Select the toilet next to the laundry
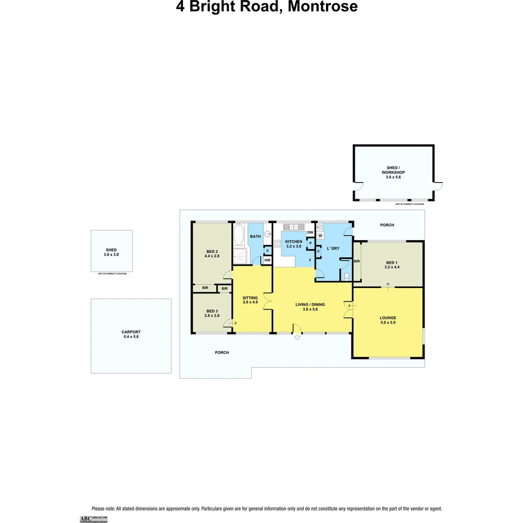pos(346,277)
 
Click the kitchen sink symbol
pos(293,226)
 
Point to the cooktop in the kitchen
pos(278,244)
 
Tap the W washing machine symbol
pos(320,235)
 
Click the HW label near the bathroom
pos(267,261)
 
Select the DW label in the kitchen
pos(310,233)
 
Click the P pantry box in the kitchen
pos(310,243)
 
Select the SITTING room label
pos(250,298)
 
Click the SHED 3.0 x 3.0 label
pos(111,252)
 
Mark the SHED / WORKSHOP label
pos(393,172)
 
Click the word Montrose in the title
pos(322,7)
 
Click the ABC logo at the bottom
pos(85,519)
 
